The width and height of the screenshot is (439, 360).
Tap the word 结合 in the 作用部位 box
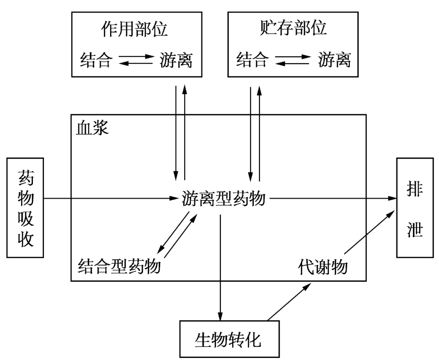95,61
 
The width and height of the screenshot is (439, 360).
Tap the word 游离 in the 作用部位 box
175,61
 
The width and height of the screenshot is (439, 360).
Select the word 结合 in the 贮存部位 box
252,61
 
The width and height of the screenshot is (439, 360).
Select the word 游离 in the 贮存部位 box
333,61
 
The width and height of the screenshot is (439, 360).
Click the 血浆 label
92,128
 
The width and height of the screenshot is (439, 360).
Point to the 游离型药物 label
224,199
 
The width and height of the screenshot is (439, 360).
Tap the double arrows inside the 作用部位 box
135,61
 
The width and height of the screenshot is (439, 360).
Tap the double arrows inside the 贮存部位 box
293,61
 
